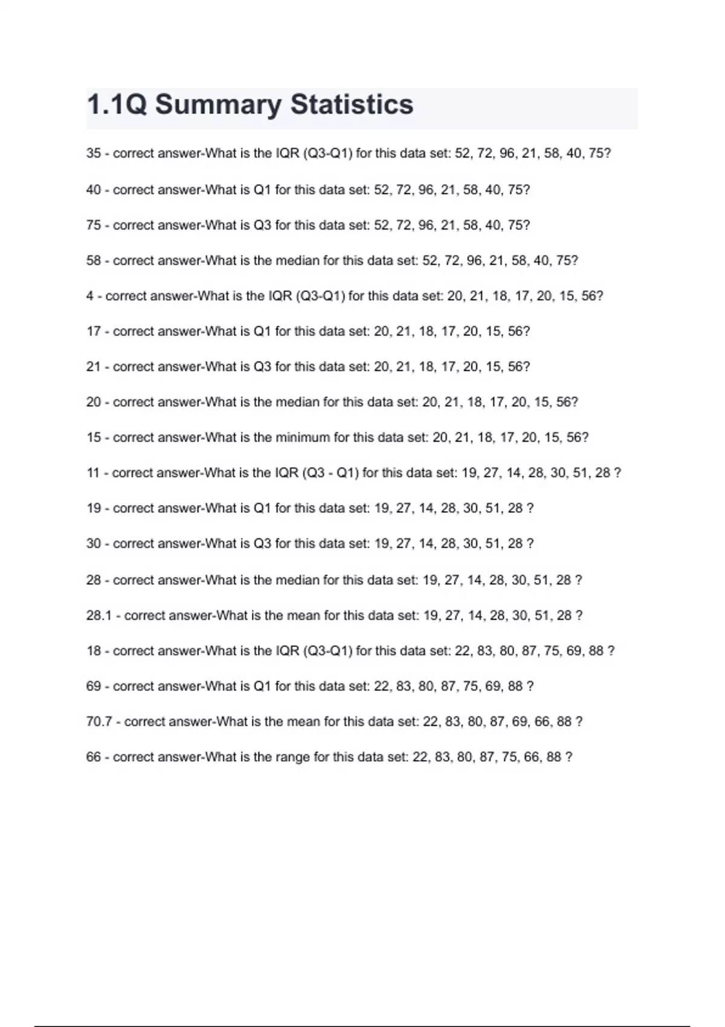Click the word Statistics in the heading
point(352,104)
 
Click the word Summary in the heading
point(218,104)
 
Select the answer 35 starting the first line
point(94,153)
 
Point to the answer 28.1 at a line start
point(99,616)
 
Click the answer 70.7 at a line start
point(99,721)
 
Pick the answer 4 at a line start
point(90,296)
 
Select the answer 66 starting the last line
point(94,757)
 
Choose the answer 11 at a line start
point(93,473)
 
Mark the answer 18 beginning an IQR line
point(94,651)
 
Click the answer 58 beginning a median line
point(94,261)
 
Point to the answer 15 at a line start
point(94,437)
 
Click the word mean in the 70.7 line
point(304,721)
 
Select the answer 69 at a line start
point(94,686)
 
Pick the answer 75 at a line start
point(94,225)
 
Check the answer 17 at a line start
point(94,332)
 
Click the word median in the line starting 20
point(297,402)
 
